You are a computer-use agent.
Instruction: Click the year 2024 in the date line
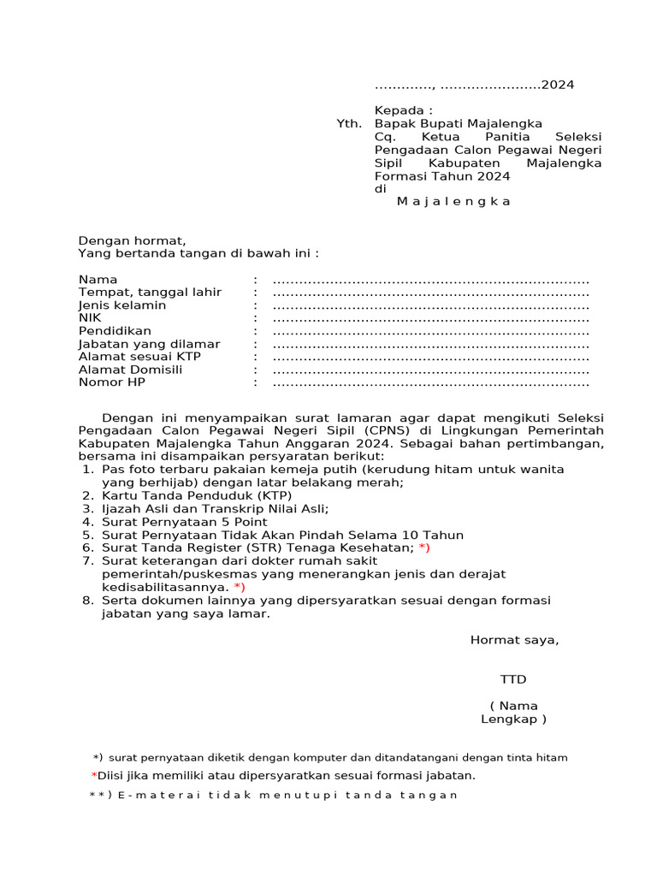558,85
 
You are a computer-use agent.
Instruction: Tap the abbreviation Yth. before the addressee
349,124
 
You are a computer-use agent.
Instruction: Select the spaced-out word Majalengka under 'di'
453,201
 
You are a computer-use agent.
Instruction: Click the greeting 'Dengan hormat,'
132,240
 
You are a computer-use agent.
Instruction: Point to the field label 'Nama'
98,280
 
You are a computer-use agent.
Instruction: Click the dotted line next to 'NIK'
431,318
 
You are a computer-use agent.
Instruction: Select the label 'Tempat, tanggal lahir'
150,293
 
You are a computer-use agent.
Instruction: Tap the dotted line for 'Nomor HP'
431,382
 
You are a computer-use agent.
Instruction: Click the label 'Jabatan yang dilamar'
149,344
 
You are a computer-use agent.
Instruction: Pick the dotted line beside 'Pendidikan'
431,331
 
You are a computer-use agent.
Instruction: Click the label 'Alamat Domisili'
129,370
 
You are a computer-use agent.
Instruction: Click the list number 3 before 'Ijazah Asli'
86,509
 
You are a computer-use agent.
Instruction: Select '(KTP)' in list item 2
273,496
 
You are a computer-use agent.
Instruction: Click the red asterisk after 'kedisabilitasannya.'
239,588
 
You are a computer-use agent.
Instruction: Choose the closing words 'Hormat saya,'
514,640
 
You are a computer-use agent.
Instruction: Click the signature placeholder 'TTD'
513,679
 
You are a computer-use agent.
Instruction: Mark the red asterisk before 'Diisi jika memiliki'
94,776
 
